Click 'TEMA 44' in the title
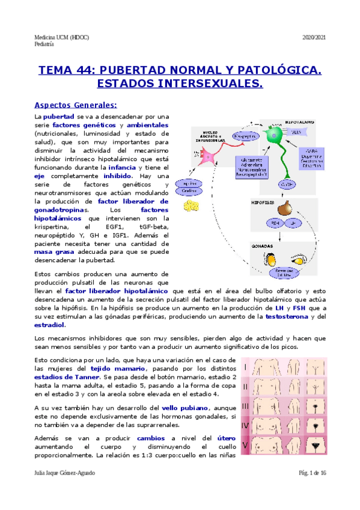click(64, 71)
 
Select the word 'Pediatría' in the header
click(45, 44)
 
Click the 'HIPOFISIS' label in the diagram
click(262, 203)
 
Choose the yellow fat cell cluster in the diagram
click(192, 205)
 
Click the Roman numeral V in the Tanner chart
click(245, 446)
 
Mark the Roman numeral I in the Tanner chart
click(245, 367)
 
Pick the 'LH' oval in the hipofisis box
click(294, 223)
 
